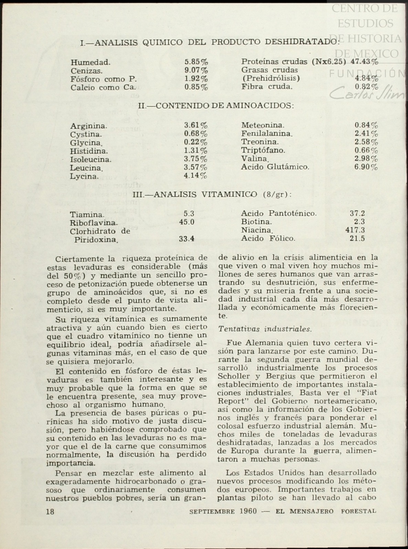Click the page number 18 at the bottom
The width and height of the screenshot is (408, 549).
pos(50,511)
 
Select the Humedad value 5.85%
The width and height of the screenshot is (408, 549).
pos(196,62)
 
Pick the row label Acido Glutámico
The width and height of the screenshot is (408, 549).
pos(275,167)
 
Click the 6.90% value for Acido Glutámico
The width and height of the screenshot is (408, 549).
pos(366,167)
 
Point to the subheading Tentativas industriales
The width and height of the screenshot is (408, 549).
pos(265,329)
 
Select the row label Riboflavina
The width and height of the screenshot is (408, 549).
pos(94,223)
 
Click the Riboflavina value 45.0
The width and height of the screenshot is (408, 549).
pos(187,222)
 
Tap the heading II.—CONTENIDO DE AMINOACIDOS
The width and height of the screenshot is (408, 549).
pos(216,105)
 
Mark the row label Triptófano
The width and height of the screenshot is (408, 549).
pos(263,151)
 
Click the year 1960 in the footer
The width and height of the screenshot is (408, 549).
pos(247,511)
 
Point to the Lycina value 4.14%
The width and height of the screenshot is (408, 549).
pos(195,176)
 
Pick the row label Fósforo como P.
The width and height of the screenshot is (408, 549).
pos(99,79)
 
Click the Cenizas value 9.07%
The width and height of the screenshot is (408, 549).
pos(196,71)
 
